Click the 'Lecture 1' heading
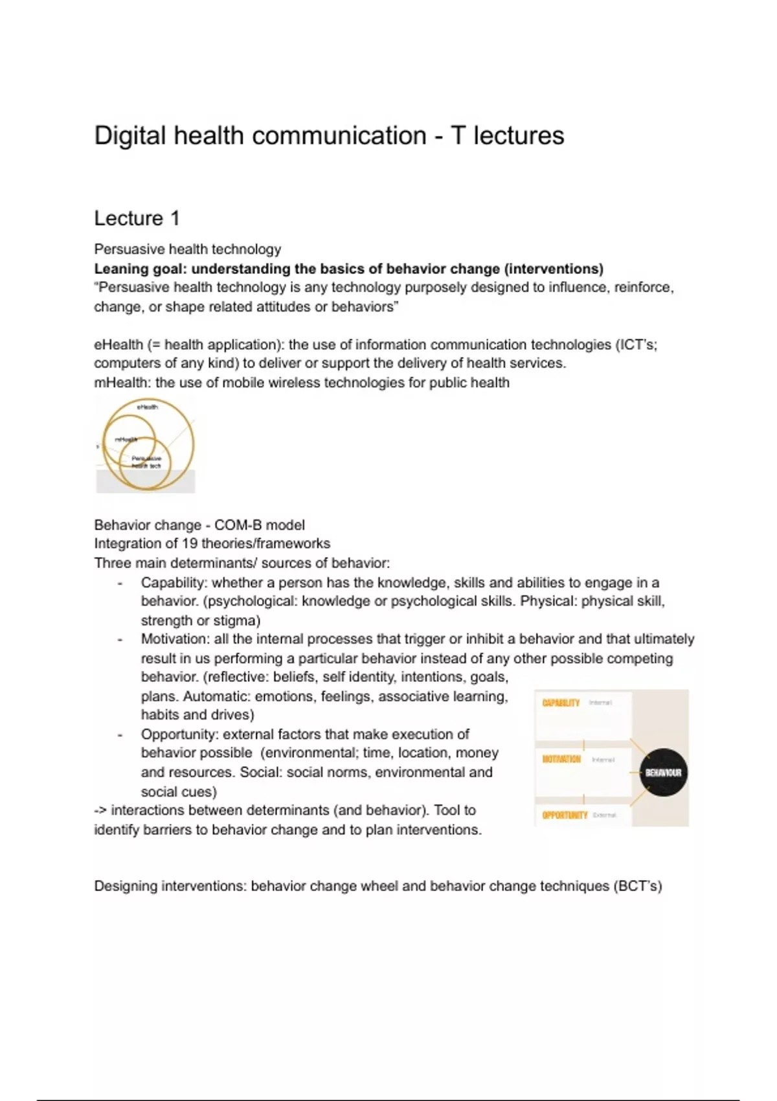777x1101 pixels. (x=137, y=218)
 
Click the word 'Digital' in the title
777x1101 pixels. (x=129, y=136)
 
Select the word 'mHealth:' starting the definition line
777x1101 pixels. (x=122, y=383)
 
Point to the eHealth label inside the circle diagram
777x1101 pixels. (x=147, y=407)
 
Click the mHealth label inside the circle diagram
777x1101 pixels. (x=126, y=439)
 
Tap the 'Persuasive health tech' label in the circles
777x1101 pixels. (x=146, y=462)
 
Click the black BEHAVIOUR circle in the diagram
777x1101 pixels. (x=663, y=773)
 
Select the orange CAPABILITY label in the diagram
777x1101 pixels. (x=561, y=703)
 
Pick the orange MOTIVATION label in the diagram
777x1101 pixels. (x=561, y=759)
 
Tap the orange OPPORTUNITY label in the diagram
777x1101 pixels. (x=565, y=815)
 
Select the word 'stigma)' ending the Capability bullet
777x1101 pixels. (x=237, y=620)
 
